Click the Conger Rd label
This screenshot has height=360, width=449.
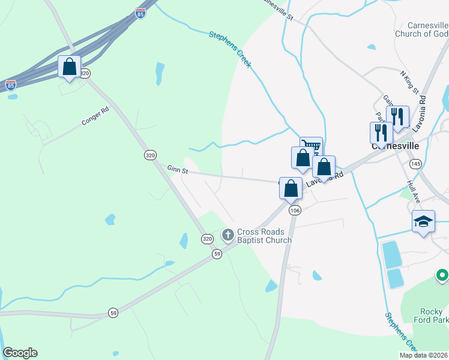tap(95, 116)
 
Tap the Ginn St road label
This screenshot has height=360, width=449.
tap(178, 171)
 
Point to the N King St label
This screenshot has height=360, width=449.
tap(409, 82)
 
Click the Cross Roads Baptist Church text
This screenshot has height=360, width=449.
tap(264, 236)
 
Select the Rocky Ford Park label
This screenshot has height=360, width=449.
tap(431, 316)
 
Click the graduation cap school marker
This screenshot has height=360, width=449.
tap(423, 221)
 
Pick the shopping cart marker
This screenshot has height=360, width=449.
tap(311, 145)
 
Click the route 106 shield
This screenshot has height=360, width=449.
tap(294, 211)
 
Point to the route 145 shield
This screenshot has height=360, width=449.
tap(415, 164)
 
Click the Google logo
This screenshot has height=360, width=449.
tap(20, 353)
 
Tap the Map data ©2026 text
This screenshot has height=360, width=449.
tap(424, 355)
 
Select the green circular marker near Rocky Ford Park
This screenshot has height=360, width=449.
tap(442, 275)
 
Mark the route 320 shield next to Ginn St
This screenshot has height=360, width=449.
tap(150, 155)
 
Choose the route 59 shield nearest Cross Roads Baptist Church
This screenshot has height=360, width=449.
tap(217, 254)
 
